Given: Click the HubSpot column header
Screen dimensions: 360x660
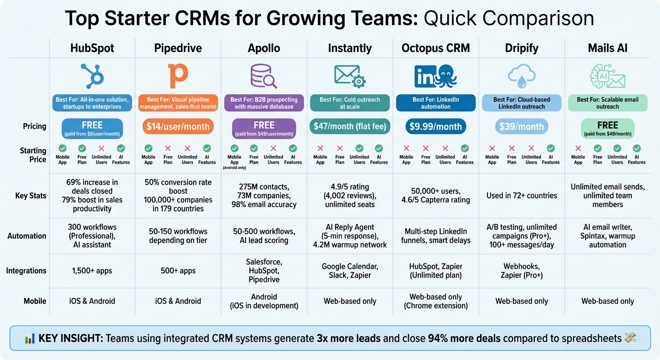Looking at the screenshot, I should point(92,48).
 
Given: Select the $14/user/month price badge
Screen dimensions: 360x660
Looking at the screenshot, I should point(178,127).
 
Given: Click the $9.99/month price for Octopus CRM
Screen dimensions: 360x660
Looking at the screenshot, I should point(435,127).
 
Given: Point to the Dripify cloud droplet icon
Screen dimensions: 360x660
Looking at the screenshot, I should point(521,76).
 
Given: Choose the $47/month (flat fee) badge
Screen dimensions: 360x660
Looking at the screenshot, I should point(350,127).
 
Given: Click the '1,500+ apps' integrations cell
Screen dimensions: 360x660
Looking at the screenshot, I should point(92,270).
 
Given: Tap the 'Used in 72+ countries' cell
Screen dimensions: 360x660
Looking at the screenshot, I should point(522,195).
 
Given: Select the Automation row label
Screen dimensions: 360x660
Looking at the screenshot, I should point(27,236).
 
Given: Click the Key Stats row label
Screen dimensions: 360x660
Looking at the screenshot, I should point(30,195).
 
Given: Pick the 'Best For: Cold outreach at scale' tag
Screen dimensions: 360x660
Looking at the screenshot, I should point(350,103).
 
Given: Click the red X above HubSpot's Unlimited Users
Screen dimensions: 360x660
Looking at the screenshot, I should point(102,148).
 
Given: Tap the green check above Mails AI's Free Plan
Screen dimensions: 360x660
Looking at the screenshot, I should point(598,148).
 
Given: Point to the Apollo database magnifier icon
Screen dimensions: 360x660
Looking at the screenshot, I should point(264,76).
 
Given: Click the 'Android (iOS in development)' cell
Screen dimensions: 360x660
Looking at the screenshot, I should point(264,301).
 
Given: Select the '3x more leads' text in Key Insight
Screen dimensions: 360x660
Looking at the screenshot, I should point(349,338).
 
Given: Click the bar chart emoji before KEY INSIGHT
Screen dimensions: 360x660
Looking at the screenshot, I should point(30,338).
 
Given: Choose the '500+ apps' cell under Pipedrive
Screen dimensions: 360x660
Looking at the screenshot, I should point(178,270).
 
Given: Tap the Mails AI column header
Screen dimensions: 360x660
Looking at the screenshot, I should point(607,48).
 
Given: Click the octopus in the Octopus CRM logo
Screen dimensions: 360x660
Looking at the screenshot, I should point(446,76).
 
